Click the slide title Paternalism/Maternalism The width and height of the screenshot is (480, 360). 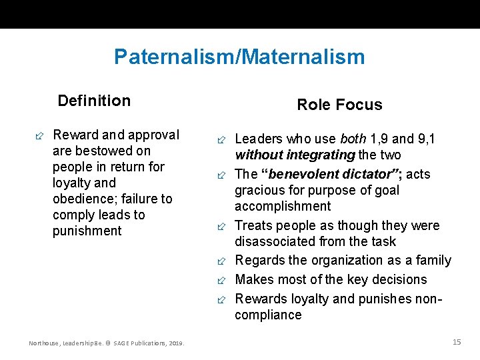[239, 57]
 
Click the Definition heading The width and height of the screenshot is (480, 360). [94, 101]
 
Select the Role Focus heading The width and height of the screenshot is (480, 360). [339, 105]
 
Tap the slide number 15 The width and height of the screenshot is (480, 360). [457, 342]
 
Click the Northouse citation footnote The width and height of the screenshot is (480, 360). [107, 343]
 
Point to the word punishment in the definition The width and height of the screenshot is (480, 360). [87, 231]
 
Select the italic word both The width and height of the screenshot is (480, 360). [353, 139]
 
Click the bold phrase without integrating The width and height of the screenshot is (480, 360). [295, 155]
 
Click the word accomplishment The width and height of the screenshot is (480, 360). [283, 206]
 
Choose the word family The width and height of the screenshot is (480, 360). [433, 260]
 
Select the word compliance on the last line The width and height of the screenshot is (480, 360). [268, 315]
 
